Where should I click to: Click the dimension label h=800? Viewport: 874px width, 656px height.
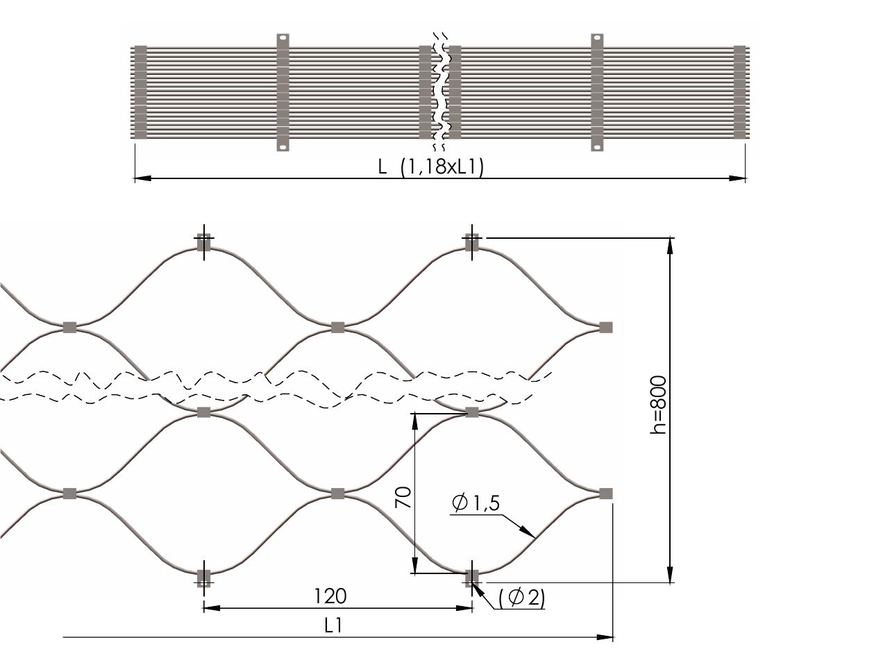coord(657,405)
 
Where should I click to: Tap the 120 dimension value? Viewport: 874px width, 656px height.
coord(330,596)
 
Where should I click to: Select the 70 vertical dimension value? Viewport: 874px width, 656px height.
coord(403,497)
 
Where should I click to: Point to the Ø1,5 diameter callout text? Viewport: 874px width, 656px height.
coord(476,503)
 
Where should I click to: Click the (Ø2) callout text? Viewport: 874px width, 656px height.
coord(521,598)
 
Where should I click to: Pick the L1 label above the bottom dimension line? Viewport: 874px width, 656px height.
coord(333,626)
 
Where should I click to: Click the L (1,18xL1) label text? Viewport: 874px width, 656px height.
coord(431,167)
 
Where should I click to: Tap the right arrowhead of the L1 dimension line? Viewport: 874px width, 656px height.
coord(605,637)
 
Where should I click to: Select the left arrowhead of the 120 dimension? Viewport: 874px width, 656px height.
coord(212,608)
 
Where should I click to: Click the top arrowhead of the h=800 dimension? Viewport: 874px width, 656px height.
coord(670,246)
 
